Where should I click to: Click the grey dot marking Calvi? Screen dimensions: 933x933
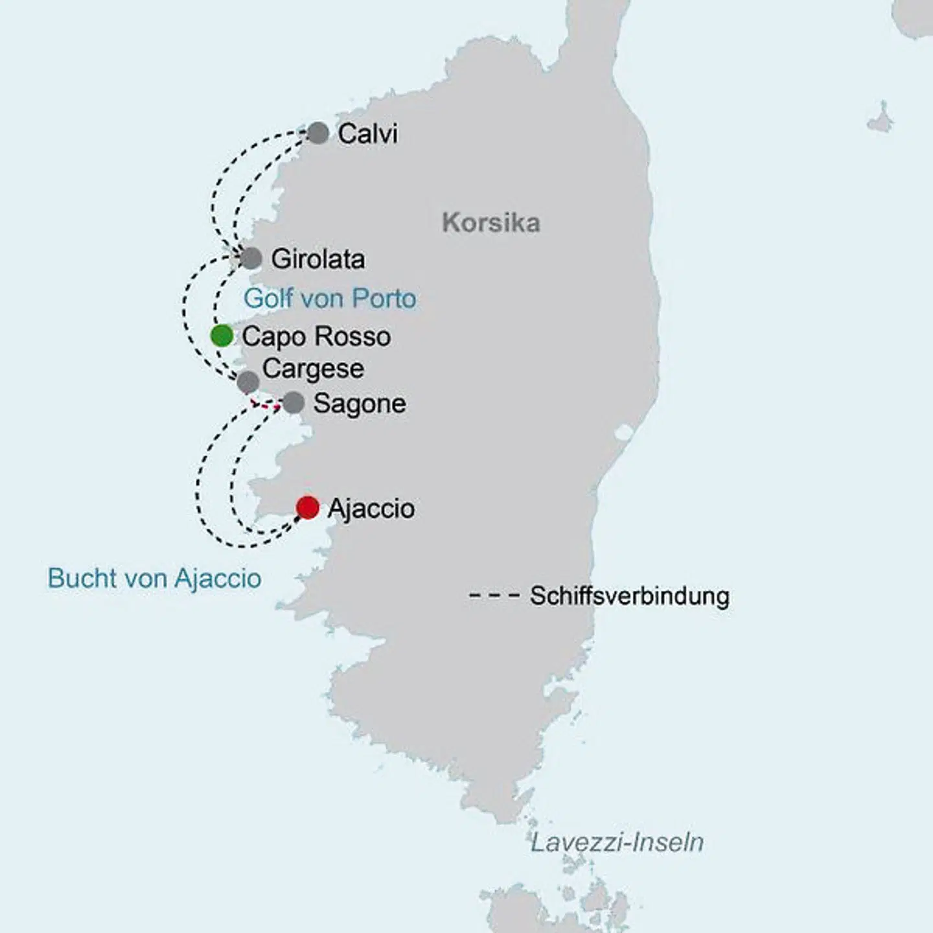(317, 133)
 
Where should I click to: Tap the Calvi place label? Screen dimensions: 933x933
(367, 133)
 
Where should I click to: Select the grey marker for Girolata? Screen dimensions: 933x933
(251, 259)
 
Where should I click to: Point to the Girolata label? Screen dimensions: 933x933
(317, 259)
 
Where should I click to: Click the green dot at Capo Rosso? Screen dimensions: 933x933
(222, 336)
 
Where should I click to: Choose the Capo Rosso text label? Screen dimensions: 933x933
(316, 337)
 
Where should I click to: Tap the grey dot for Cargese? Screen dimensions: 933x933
(248, 382)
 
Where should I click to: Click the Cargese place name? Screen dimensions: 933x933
(313, 369)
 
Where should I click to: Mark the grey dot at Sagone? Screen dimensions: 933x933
(293, 402)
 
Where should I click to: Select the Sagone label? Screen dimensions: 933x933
(360, 404)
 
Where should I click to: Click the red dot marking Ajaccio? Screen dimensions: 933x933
(307, 507)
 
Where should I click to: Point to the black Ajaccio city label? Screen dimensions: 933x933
(371, 509)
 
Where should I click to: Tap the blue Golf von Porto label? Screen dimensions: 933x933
(330, 299)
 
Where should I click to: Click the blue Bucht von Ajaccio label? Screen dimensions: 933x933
(154, 579)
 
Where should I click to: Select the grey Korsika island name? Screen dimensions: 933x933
(490, 223)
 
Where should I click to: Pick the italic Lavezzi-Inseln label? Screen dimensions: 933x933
(617, 842)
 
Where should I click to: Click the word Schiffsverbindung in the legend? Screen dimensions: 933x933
(629, 596)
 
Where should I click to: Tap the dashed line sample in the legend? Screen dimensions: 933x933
(494, 595)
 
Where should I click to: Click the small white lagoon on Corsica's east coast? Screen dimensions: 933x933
(623, 432)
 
